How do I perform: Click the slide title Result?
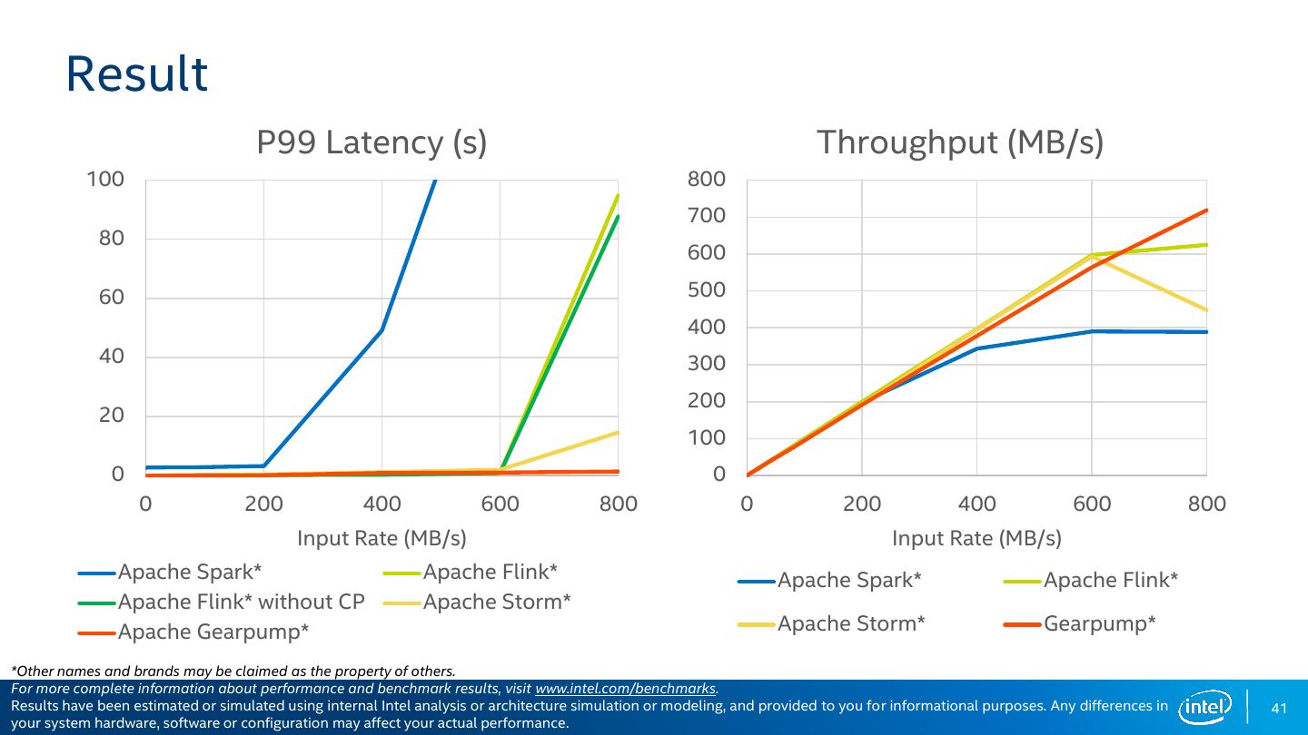[x=136, y=74]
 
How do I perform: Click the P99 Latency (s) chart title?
[x=372, y=142]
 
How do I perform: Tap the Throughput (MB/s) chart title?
[x=960, y=142]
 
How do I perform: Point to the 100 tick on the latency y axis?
[x=105, y=179]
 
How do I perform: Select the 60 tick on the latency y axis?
[x=112, y=298]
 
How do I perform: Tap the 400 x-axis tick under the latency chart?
[x=381, y=504]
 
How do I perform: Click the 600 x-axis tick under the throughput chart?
[x=1092, y=504]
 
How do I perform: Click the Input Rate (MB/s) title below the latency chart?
[x=381, y=538]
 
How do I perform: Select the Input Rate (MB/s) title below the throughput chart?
[x=976, y=538]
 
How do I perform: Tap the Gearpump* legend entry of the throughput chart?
[x=1099, y=623]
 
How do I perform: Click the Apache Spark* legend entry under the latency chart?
[x=189, y=572]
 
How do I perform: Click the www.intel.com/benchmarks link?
[x=626, y=689]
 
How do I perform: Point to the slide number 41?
[x=1280, y=708]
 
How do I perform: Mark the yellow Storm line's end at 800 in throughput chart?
[x=1205, y=310]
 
